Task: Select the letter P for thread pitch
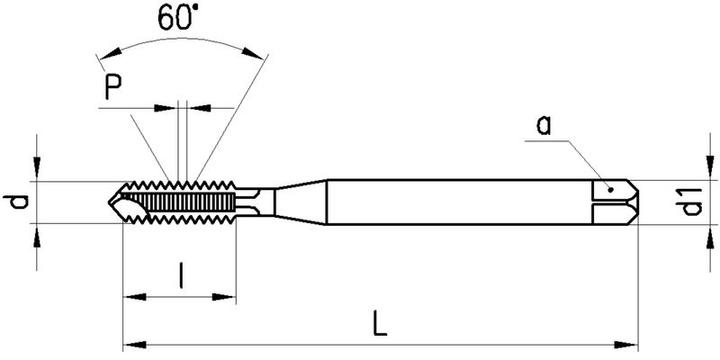[118, 91]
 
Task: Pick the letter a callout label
[543, 125]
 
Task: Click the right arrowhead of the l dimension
[232, 296]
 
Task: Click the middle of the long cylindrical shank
[460, 203]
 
